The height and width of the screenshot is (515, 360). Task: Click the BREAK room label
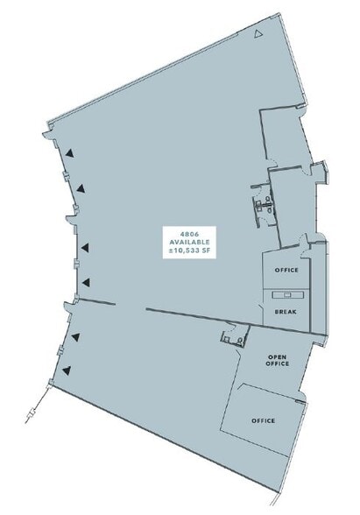click(286, 311)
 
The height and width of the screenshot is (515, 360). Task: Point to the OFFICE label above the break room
click(286, 270)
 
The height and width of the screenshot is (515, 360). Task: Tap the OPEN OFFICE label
click(278, 360)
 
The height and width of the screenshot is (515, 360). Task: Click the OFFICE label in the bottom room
click(264, 420)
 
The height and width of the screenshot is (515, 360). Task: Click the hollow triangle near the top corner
click(257, 33)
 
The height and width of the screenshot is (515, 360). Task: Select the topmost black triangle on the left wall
click(68, 152)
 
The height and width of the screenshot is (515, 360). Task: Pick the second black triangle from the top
click(80, 187)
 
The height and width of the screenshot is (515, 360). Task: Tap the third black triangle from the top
click(85, 247)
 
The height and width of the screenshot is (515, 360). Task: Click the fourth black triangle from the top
click(85, 281)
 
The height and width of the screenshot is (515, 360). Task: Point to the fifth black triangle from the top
click(76, 335)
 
